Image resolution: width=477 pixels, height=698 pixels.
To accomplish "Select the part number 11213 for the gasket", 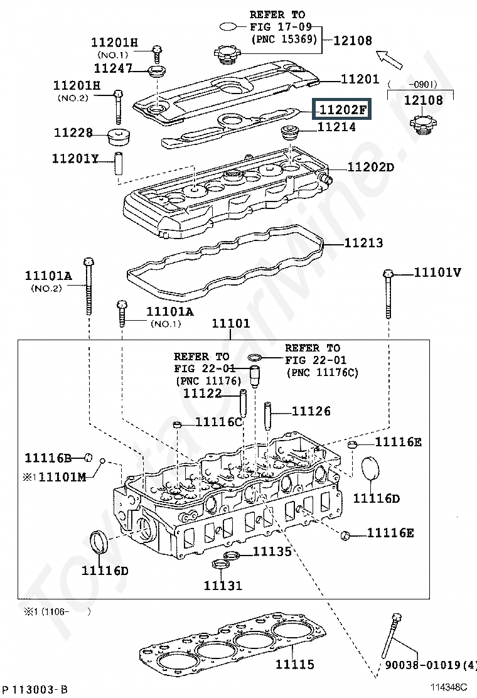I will tap(363, 243).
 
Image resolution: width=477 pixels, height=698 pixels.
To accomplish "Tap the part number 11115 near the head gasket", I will tap(295, 664).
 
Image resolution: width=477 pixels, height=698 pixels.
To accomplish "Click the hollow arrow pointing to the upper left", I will tap(393, 60).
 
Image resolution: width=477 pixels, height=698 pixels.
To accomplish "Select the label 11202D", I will tap(370, 167).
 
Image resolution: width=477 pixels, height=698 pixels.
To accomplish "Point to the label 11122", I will tap(202, 394).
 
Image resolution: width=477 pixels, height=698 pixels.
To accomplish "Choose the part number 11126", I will tap(311, 411).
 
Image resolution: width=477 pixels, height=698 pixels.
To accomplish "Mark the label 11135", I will tap(272, 551).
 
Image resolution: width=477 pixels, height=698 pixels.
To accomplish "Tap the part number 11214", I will tap(336, 127).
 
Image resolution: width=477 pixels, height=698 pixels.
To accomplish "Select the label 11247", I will tap(113, 67).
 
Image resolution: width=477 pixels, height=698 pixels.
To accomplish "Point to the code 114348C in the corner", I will tap(449, 689).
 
